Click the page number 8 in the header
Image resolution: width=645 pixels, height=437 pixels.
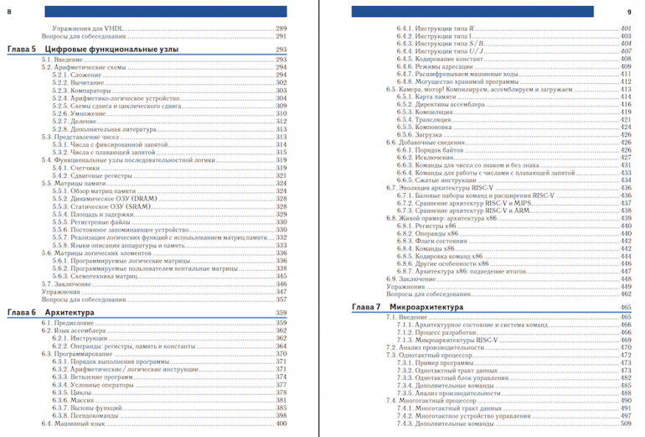pyautogui.click(x=9, y=11)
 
